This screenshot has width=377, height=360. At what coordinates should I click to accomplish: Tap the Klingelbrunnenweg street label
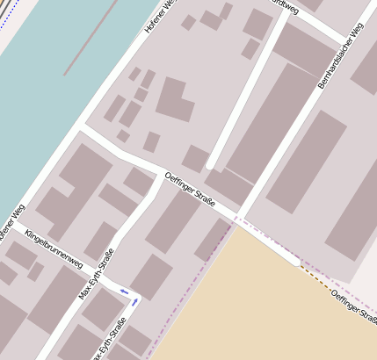point(54,249)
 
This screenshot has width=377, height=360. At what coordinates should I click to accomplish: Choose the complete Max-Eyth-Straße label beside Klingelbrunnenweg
point(97,273)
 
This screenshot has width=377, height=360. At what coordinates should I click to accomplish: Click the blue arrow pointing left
point(124,292)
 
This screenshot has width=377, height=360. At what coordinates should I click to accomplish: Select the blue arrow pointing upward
point(135,301)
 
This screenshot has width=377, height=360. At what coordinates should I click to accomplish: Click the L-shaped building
point(175,99)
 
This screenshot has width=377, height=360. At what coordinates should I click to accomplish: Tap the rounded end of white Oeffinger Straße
point(296,261)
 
